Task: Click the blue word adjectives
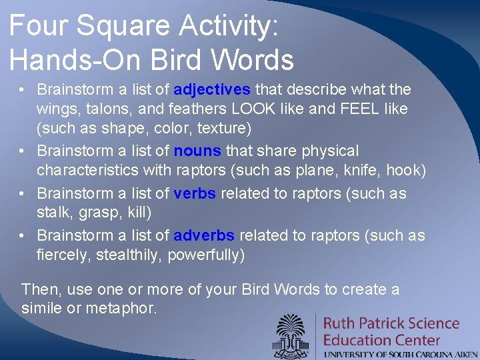click(x=212, y=89)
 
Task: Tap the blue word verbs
click(x=195, y=193)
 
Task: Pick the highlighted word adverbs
click(x=204, y=235)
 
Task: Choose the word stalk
click(x=54, y=212)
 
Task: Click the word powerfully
click(x=206, y=255)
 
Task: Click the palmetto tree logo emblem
click(x=293, y=335)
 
